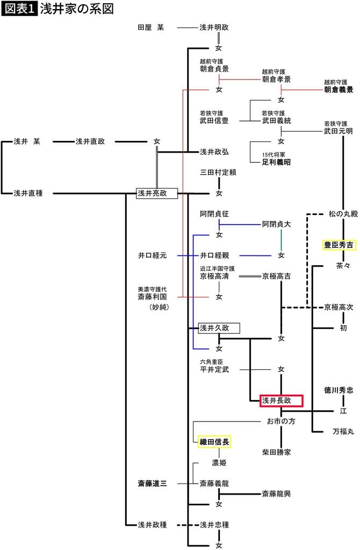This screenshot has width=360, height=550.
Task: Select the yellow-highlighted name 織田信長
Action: tap(214, 442)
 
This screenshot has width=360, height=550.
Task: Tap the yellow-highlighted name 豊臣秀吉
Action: tap(339, 245)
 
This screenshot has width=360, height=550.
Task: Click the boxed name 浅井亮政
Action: tap(156, 193)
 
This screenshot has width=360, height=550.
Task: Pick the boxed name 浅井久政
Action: tap(219, 327)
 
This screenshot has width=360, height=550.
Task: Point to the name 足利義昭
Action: tap(277, 161)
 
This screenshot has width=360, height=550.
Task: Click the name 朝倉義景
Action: tap(339, 90)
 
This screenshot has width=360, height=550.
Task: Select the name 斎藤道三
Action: tap(153, 483)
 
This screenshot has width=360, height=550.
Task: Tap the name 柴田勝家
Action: tap(277, 452)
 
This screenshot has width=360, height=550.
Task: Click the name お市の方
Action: tap(277, 422)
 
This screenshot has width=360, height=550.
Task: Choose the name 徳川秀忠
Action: tap(339, 390)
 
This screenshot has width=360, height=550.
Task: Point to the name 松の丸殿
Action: tap(343, 213)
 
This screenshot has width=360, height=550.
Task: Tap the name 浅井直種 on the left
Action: tap(28, 193)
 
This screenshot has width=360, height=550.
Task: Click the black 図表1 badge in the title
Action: tap(20, 9)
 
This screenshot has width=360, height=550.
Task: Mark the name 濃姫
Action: tap(219, 462)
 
